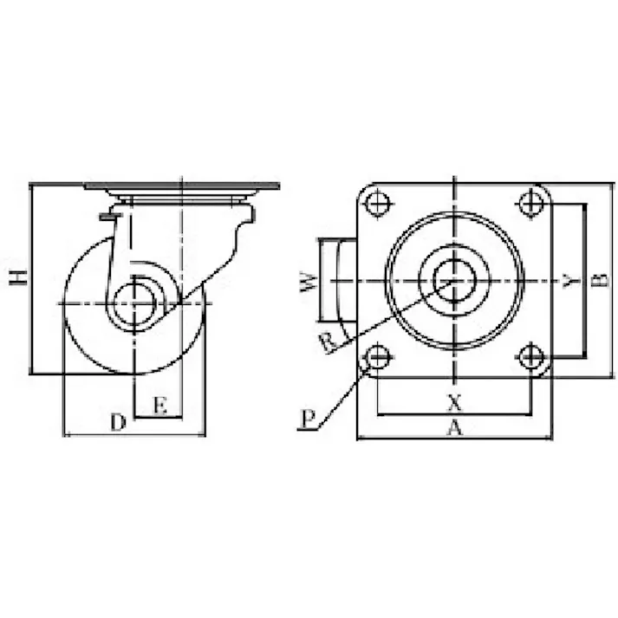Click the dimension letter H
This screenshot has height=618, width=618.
click(x=18, y=277)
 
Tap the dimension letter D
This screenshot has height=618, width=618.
click(x=118, y=422)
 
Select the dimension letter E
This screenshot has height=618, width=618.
click(x=160, y=405)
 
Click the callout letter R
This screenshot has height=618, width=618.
click(x=329, y=342)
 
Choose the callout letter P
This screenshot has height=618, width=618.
click(x=309, y=419)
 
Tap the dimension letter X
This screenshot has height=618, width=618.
click(x=455, y=403)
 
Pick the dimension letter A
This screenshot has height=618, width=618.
click(x=455, y=427)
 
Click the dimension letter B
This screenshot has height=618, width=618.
click(x=601, y=280)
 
